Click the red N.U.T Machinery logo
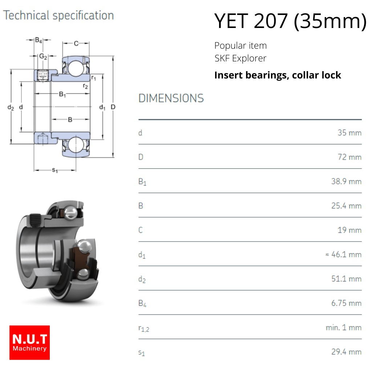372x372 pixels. tap(29, 342)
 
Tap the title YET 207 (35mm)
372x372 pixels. tap(290, 21)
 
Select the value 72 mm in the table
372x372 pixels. tap(349, 157)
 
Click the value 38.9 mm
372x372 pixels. tap(346, 182)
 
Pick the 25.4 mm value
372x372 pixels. tap(346, 206)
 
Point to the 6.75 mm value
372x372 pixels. tap(346, 303)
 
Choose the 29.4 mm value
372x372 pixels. tap(346, 352)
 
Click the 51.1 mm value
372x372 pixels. tap(346, 279)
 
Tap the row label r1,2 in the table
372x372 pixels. tap(144, 328)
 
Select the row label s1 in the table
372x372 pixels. tap(141, 353)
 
